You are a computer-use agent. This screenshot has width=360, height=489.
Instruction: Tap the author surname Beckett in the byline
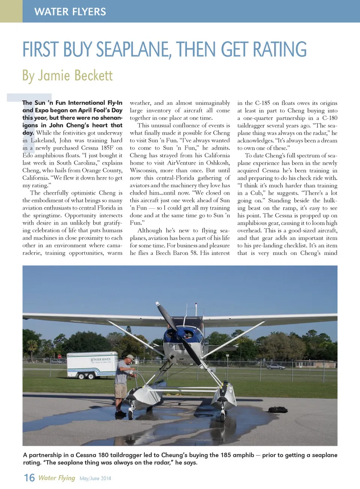[93, 76]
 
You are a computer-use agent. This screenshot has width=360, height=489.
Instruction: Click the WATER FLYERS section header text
[70, 12]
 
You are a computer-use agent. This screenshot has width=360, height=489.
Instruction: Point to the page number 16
[29, 478]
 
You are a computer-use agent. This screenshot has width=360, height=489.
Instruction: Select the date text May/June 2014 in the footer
[95, 479]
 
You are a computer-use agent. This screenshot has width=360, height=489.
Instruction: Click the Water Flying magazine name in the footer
[57, 478]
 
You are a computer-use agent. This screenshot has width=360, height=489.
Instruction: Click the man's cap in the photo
[130, 357]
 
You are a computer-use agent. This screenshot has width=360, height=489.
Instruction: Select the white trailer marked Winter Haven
[92, 364]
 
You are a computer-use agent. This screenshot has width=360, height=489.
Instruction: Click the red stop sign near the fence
[59, 356]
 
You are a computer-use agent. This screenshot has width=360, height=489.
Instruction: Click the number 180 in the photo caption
[103, 455]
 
